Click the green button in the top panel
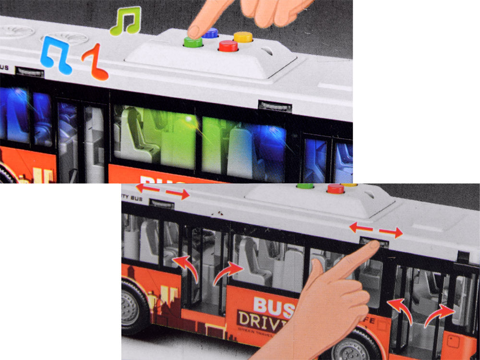coord(193,42)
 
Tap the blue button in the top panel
coord(210,33)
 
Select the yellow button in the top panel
coord(243,36)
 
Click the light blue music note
coord(55,53)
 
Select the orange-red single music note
coord(96,62)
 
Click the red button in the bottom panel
coord(336,189)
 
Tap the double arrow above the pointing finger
coord(376,230)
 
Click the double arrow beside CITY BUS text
coord(163,191)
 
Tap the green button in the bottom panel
coord(305,186)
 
